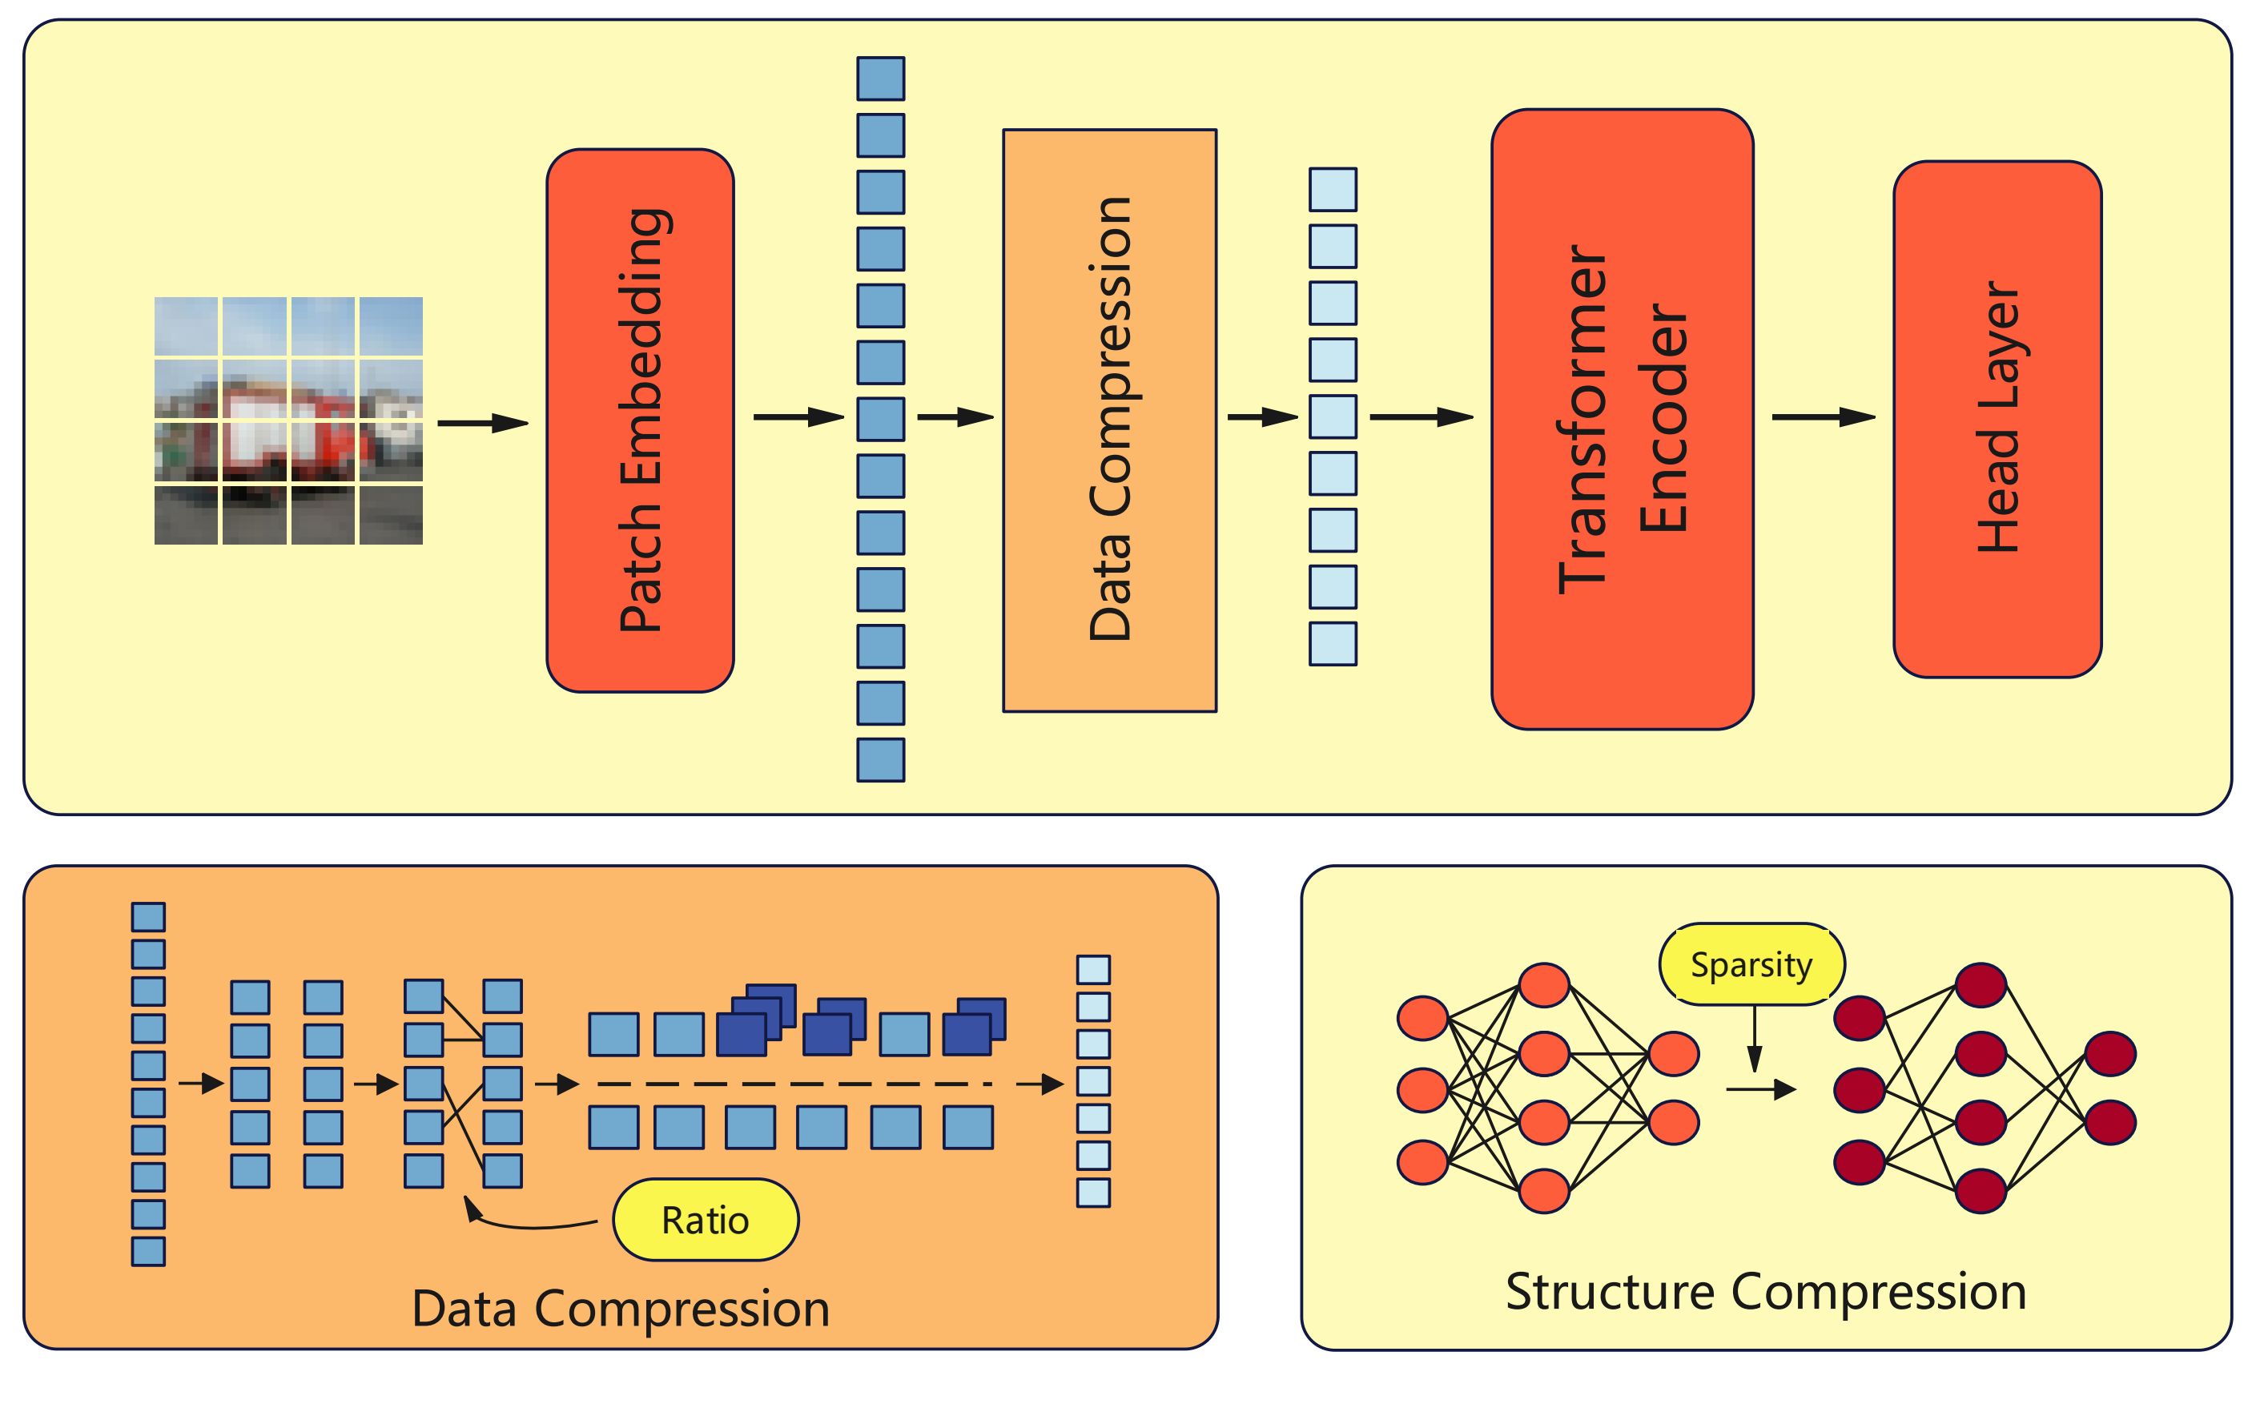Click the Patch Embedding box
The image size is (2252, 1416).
(640, 420)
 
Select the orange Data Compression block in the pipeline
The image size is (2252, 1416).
(1109, 420)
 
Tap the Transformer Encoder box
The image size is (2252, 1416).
(1622, 419)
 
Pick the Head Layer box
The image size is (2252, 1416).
(1997, 419)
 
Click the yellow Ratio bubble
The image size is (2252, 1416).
(706, 1220)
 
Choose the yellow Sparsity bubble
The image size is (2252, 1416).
(1751, 964)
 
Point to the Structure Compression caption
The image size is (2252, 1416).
(1766, 1292)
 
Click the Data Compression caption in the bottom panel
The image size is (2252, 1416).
(620, 1309)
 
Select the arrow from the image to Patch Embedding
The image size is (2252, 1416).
(483, 423)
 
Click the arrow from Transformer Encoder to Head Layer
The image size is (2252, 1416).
(1823, 417)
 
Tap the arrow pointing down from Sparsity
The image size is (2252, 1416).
(1755, 1038)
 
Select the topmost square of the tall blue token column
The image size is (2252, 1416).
(880, 78)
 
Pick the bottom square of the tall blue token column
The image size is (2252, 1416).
(880, 759)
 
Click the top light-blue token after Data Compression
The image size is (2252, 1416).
(1332, 190)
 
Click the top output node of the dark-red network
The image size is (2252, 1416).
(2109, 1054)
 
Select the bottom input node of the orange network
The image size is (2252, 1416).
(1422, 1161)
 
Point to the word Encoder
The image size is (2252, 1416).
(1665, 419)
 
